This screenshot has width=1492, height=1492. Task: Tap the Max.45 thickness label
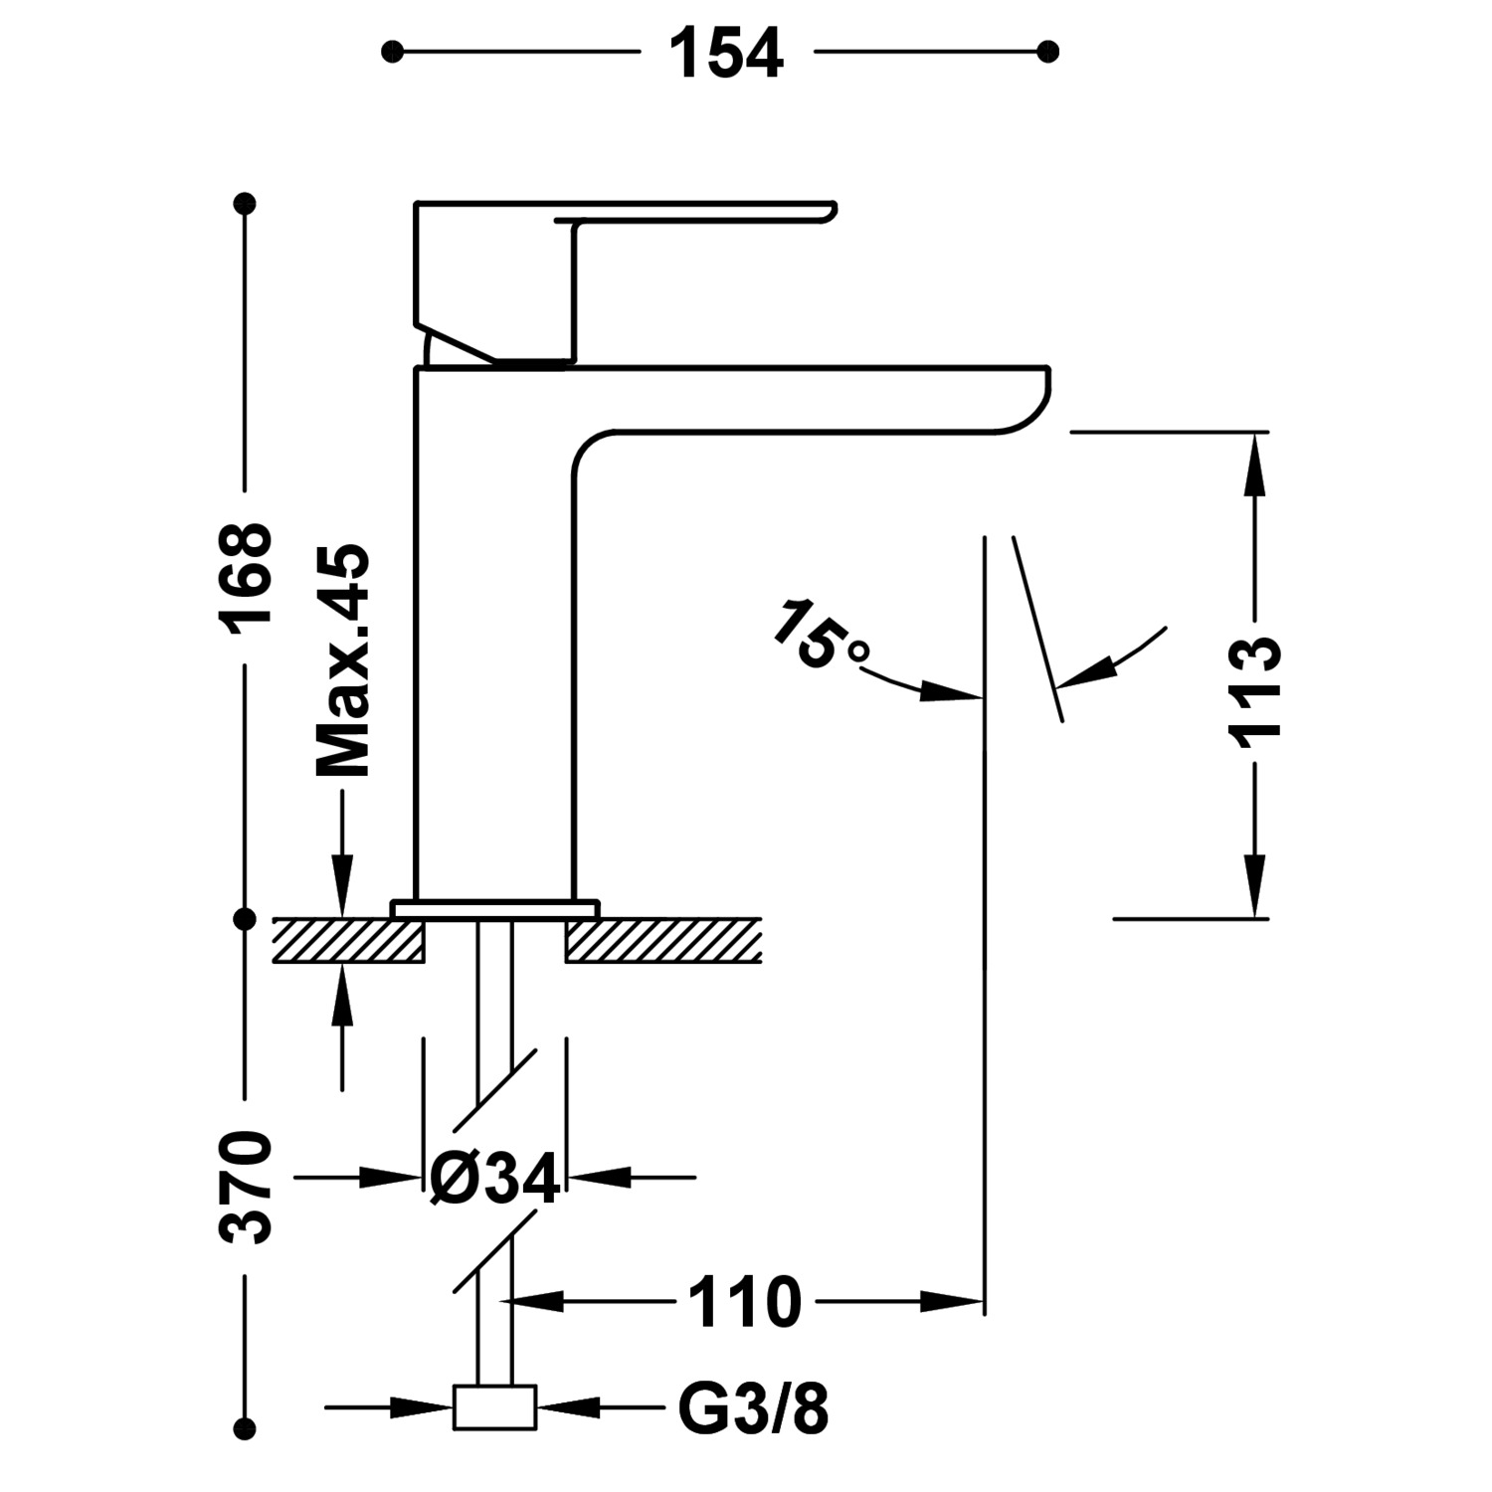coord(343,660)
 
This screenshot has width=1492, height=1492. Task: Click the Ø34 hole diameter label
coord(494,1180)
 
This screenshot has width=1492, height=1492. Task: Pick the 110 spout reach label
coord(744,1301)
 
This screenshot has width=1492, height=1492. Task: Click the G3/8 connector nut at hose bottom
coord(494,1406)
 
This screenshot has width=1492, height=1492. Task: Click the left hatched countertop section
coord(348,940)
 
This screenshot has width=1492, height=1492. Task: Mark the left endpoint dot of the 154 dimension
coord(394,52)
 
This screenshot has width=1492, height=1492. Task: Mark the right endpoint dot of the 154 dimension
coord(1047,52)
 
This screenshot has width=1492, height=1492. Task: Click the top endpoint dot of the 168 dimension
coord(245,204)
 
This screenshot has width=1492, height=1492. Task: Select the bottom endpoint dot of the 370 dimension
coord(245,1429)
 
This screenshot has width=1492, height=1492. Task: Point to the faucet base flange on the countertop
coord(495,908)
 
